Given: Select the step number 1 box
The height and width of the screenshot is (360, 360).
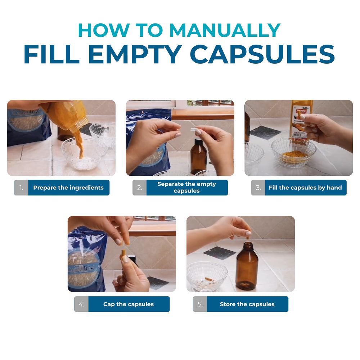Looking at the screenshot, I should (x=21, y=188).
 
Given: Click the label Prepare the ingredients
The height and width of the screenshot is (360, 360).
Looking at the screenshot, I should (x=68, y=188).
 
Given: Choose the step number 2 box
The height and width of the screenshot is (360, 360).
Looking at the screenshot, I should (x=140, y=188).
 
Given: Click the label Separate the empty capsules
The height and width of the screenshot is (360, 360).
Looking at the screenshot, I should (x=186, y=188).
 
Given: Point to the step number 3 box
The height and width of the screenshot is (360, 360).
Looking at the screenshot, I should (x=258, y=188).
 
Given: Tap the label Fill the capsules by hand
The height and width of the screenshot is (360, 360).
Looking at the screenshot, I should (x=305, y=188).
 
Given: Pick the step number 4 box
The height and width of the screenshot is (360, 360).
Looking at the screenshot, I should (x=81, y=304).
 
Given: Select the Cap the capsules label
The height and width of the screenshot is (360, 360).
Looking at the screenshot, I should (x=129, y=304).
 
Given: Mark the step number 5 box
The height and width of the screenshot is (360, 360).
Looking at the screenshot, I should (x=200, y=304).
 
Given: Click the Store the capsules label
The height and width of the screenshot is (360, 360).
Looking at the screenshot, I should (x=247, y=304).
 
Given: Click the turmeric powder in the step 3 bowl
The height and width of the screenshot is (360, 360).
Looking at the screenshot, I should (x=294, y=155).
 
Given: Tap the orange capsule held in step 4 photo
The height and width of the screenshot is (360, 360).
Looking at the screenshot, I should (x=123, y=253).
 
